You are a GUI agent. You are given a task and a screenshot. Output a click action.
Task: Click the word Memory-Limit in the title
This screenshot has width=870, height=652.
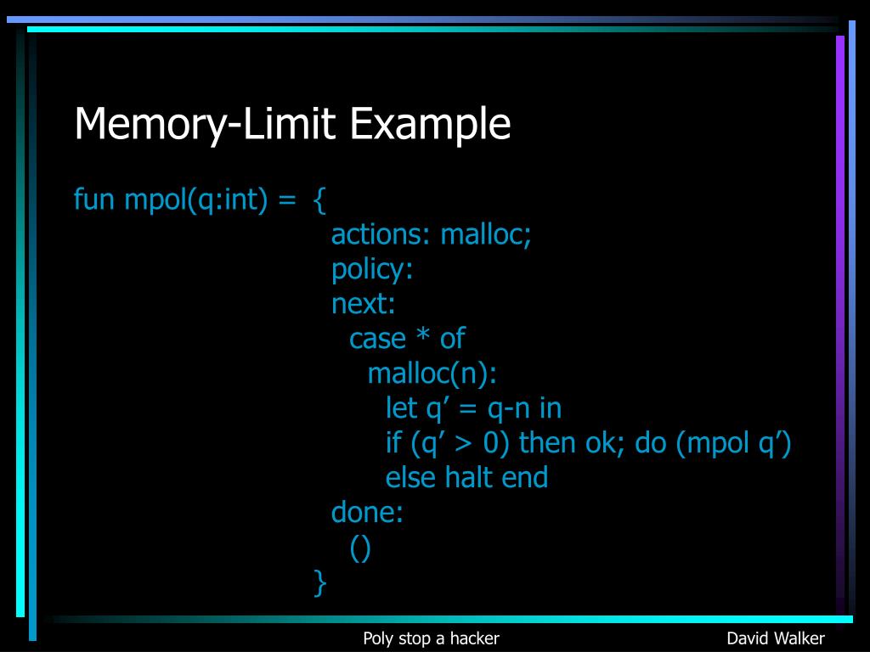(x=207, y=124)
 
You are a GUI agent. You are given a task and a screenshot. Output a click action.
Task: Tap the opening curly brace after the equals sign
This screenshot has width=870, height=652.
(x=319, y=200)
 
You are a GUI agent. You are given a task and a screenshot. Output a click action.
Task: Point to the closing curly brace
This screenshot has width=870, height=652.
(x=319, y=582)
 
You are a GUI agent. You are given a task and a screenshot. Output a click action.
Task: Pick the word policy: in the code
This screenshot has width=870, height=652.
(x=372, y=269)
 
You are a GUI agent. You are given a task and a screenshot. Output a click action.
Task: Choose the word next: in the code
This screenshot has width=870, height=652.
(x=364, y=303)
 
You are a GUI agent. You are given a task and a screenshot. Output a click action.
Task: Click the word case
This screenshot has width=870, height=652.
(x=377, y=339)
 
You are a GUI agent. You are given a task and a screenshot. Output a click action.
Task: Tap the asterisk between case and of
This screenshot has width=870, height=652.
(x=422, y=337)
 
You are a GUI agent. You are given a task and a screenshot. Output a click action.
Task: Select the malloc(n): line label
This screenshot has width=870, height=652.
(x=432, y=374)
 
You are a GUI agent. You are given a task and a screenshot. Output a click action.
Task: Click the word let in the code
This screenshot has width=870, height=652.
(x=401, y=408)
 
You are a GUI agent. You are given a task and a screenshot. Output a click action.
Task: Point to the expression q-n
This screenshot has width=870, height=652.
(x=509, y=408)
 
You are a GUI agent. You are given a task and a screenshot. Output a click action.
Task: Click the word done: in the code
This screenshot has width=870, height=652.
(x=367, y=512)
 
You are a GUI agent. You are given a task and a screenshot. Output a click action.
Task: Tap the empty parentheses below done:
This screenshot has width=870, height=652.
(x=360, y=548)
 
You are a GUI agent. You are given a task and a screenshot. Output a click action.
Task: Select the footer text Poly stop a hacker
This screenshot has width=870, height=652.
(x=431, y=638)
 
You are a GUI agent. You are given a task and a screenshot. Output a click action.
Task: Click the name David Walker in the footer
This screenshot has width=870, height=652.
(x=776, y=638)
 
